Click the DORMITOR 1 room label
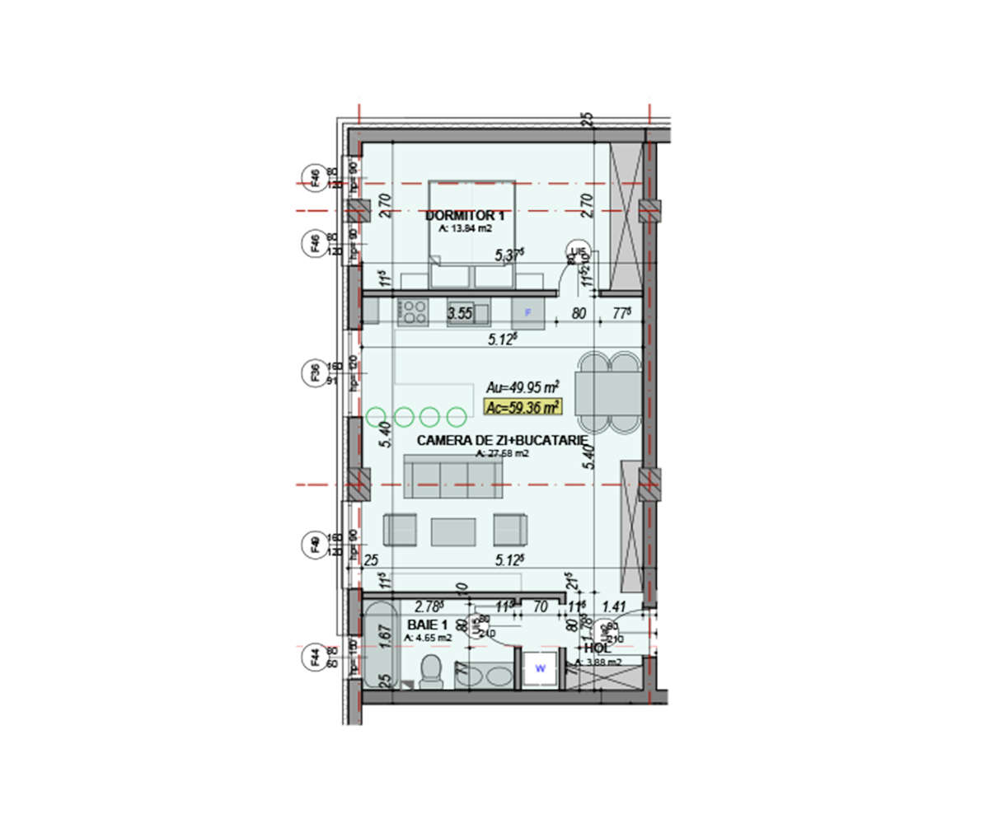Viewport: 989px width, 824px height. click(465, 216)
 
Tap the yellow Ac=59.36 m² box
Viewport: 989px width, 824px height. click(523, 405)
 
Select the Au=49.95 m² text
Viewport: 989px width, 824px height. click(523, 386)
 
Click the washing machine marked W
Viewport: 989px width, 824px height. click(541, 668)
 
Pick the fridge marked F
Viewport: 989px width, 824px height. click(528, 312)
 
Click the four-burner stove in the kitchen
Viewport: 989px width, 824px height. click(414, 311)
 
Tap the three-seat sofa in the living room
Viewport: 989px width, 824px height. click(453, 476)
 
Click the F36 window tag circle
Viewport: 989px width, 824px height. click(314, 373)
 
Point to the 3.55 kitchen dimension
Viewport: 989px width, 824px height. click(459, 313)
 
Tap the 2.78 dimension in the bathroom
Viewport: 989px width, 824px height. click(429, 606)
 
